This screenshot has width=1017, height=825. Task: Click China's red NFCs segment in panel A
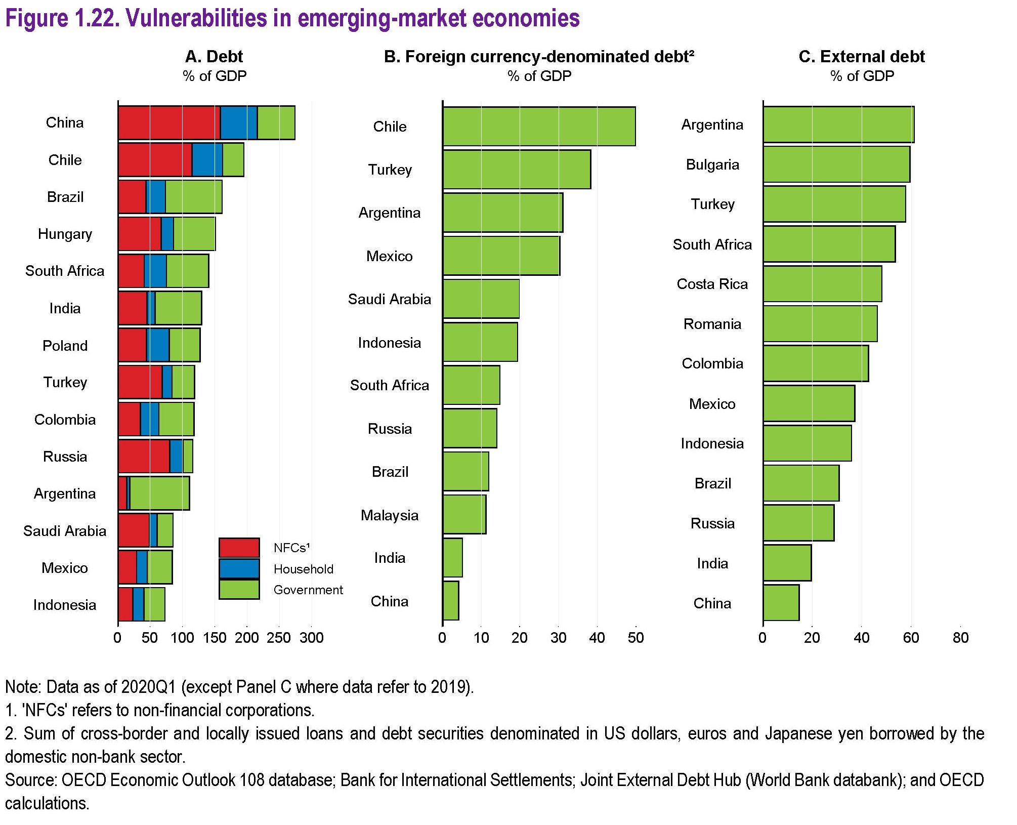169,123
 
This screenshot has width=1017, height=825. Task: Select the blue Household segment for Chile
207,160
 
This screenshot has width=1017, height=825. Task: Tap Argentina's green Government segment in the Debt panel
159,493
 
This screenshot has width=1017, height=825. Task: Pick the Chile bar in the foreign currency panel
539,127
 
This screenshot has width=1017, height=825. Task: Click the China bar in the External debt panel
781,603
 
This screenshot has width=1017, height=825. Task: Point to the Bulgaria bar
836,164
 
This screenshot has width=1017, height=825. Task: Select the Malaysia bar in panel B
464,515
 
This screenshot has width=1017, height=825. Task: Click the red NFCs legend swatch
239,548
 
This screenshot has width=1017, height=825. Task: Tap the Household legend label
303,569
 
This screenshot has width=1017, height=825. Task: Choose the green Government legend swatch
239,590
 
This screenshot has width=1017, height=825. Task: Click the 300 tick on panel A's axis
312,638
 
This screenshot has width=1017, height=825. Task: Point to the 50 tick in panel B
636,638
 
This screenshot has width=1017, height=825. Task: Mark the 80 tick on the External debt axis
960,638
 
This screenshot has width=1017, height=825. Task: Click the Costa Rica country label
712,284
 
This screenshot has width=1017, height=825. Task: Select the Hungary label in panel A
65,234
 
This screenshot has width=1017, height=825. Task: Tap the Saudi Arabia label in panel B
389,300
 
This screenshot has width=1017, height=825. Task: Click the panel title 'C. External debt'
861,57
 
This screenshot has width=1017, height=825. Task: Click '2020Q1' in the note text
148,687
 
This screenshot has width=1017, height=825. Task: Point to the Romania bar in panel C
820,324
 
